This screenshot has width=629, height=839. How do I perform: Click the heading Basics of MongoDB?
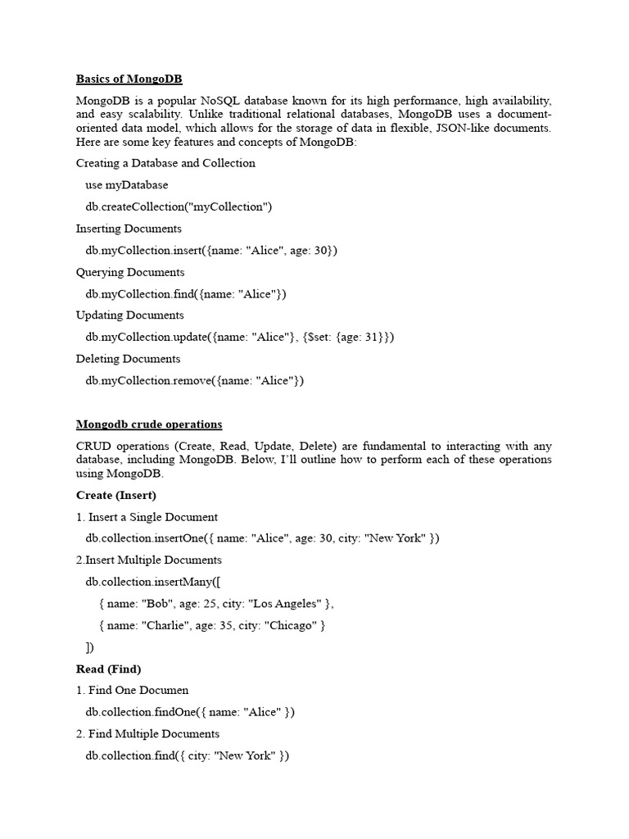pos(129,79)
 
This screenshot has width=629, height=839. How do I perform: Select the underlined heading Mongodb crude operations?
pos(149,424)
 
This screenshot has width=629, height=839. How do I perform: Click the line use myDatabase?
pos(126,185)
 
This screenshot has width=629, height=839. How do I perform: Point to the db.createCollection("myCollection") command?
pos(179,206)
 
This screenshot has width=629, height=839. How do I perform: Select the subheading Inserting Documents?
pos(129,229)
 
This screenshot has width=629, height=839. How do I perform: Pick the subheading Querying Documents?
pos(130,272)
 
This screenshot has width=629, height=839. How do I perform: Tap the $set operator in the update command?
pos(319,338)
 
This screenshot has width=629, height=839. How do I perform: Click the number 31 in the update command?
pos(373,338)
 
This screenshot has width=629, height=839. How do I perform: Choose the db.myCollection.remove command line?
pos(195,381)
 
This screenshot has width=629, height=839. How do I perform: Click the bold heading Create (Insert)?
pos(116,495)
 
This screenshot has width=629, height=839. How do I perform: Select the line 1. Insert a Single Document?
pos(147,517)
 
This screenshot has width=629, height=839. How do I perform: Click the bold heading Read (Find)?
pos(109,669)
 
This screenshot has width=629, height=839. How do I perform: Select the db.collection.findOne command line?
pos(190,713)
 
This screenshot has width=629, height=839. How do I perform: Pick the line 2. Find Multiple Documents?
pos(147,734)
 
